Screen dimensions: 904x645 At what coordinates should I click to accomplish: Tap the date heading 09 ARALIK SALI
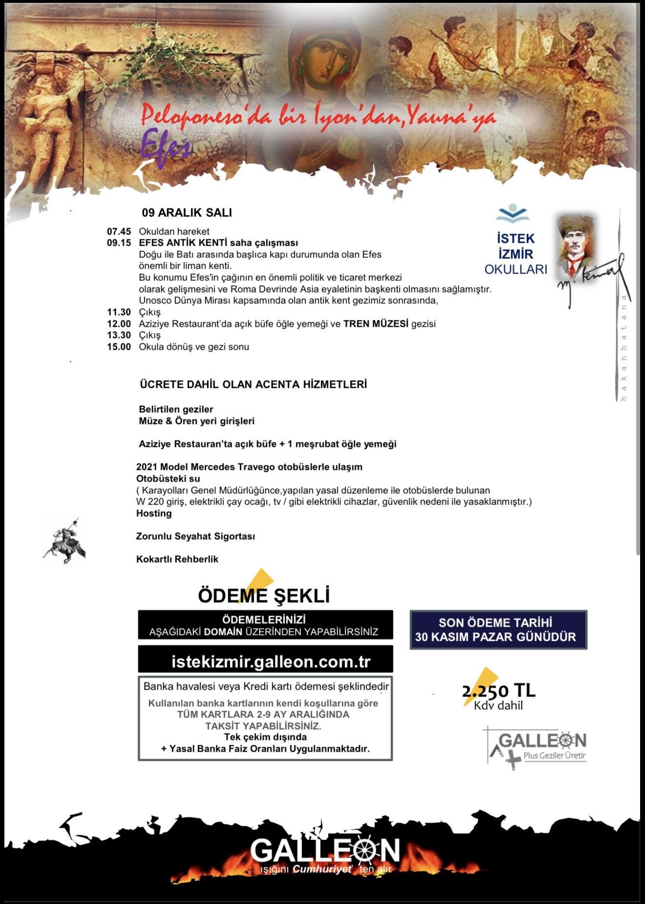[187, 212]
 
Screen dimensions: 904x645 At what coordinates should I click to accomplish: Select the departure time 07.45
[119, 231]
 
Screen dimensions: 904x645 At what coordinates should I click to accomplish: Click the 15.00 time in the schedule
[119, 347]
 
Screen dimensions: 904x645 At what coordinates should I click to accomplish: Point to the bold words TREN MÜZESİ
[376, 324]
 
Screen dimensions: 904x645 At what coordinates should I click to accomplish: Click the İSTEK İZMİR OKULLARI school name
[516, 254]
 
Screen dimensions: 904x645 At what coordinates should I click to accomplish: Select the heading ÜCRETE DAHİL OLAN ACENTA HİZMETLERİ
[253, 384]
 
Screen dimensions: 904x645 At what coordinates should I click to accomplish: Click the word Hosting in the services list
[154, 513]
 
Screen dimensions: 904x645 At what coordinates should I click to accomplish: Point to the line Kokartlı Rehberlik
[177, 559]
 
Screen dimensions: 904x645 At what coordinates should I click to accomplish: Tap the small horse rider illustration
[64, 542]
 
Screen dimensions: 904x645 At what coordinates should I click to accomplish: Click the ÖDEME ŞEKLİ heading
[264, 595]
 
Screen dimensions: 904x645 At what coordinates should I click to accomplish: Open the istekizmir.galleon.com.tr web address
[271, 662]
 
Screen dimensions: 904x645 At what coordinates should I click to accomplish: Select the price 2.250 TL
[498, 691]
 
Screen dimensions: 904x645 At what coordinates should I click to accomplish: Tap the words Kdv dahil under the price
[498, 706]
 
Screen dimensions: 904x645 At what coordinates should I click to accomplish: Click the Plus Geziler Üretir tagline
[554, 756]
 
